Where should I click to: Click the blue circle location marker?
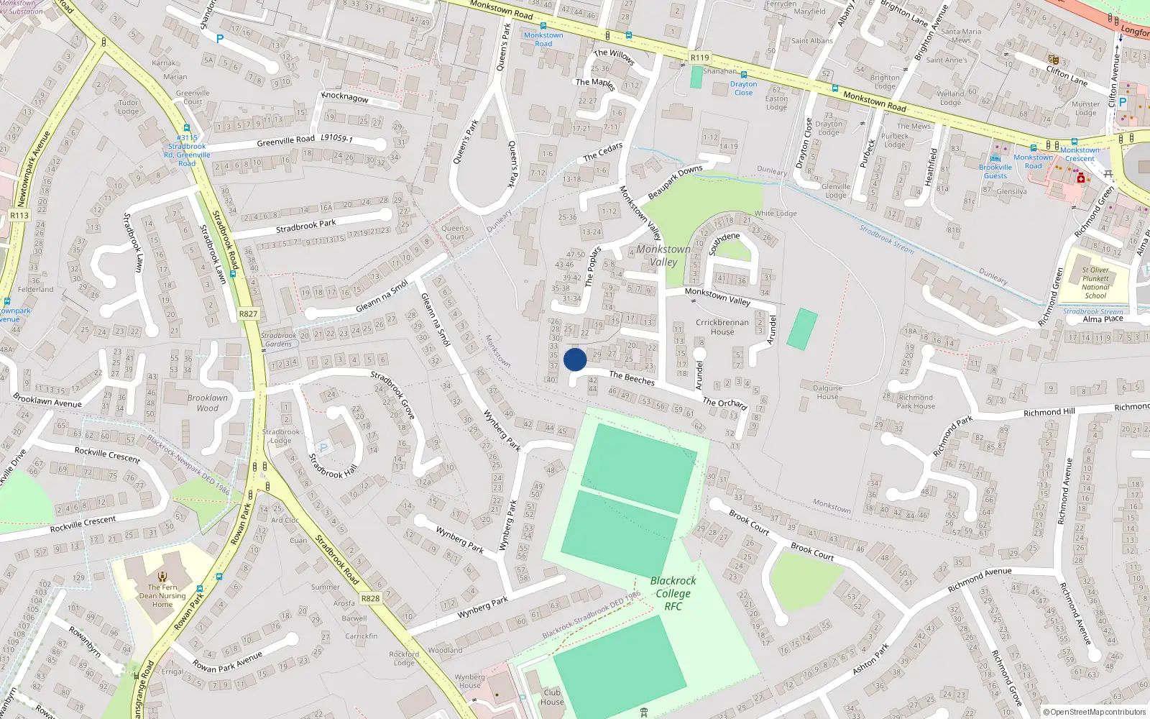pyautogui.click(x=575, y=359)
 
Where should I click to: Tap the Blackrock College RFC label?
pyautogui.click(x=673, y=593)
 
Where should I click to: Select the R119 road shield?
pyautogui.click(x=699, y=58)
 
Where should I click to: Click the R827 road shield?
pyautogui.click(x=248, y=313)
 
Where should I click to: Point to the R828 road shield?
pyautogui.click(x=370, y=598)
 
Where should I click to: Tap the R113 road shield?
pyautogui.click(x=19, y=215)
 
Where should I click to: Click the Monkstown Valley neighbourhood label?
pyautogui.click(x=663, y=255)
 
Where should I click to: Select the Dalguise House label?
pyautogui.click(x=827, y=392)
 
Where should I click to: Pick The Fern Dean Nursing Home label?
pyautogui.click(x=162, y=595)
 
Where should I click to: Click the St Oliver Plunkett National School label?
pyautogui.click(x=1095, y=283)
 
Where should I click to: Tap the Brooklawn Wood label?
pyautogui.click(x=207, y=403)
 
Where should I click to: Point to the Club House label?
pyautogui.click(x=552, y=697)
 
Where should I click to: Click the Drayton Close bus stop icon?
pyautogui.click(x=744, y=75)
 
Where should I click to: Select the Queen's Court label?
pyautogui.click(x=455, y=232)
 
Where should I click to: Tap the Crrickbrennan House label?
pyautogui.click(x=722, y=327)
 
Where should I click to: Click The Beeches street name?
pyautogui.click(x=632, y=377)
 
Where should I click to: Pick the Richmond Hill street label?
pyautogui.click(x=1049, y=412)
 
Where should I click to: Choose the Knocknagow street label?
pyautogui.click(x=345, y=97)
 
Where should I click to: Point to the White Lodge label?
pyautogui.click(x=776, y=213)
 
